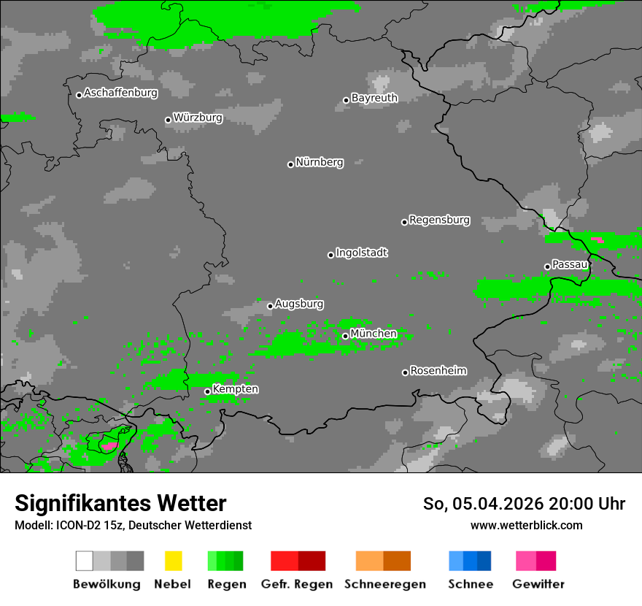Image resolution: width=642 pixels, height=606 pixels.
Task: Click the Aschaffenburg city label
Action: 120,93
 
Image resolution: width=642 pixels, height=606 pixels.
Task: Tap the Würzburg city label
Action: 198,118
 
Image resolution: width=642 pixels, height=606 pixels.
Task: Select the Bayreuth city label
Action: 374,98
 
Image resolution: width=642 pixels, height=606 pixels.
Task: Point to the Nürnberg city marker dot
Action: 290,164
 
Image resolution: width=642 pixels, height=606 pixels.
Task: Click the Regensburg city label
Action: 439,220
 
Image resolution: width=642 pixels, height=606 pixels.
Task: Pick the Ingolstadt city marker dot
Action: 330,255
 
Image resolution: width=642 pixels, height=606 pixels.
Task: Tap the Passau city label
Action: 570,264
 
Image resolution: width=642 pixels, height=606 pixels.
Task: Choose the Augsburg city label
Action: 299,304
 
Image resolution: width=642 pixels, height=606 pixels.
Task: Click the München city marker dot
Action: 345,336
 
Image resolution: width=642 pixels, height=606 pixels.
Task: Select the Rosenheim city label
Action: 438,371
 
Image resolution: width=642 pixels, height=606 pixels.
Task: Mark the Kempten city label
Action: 235,389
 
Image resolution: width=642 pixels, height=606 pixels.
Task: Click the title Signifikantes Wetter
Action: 120,503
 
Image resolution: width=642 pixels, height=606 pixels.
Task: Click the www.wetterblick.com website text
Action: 526,525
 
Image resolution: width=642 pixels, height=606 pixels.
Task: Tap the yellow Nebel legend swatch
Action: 173,561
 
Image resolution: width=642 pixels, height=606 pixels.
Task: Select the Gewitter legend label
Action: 538,584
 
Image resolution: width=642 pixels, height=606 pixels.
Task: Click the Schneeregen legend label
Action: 384,584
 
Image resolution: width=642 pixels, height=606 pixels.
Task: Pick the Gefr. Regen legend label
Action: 297,584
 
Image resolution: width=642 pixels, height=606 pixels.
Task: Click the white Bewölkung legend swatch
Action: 85,561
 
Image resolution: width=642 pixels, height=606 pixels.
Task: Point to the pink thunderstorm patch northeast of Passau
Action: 597,239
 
